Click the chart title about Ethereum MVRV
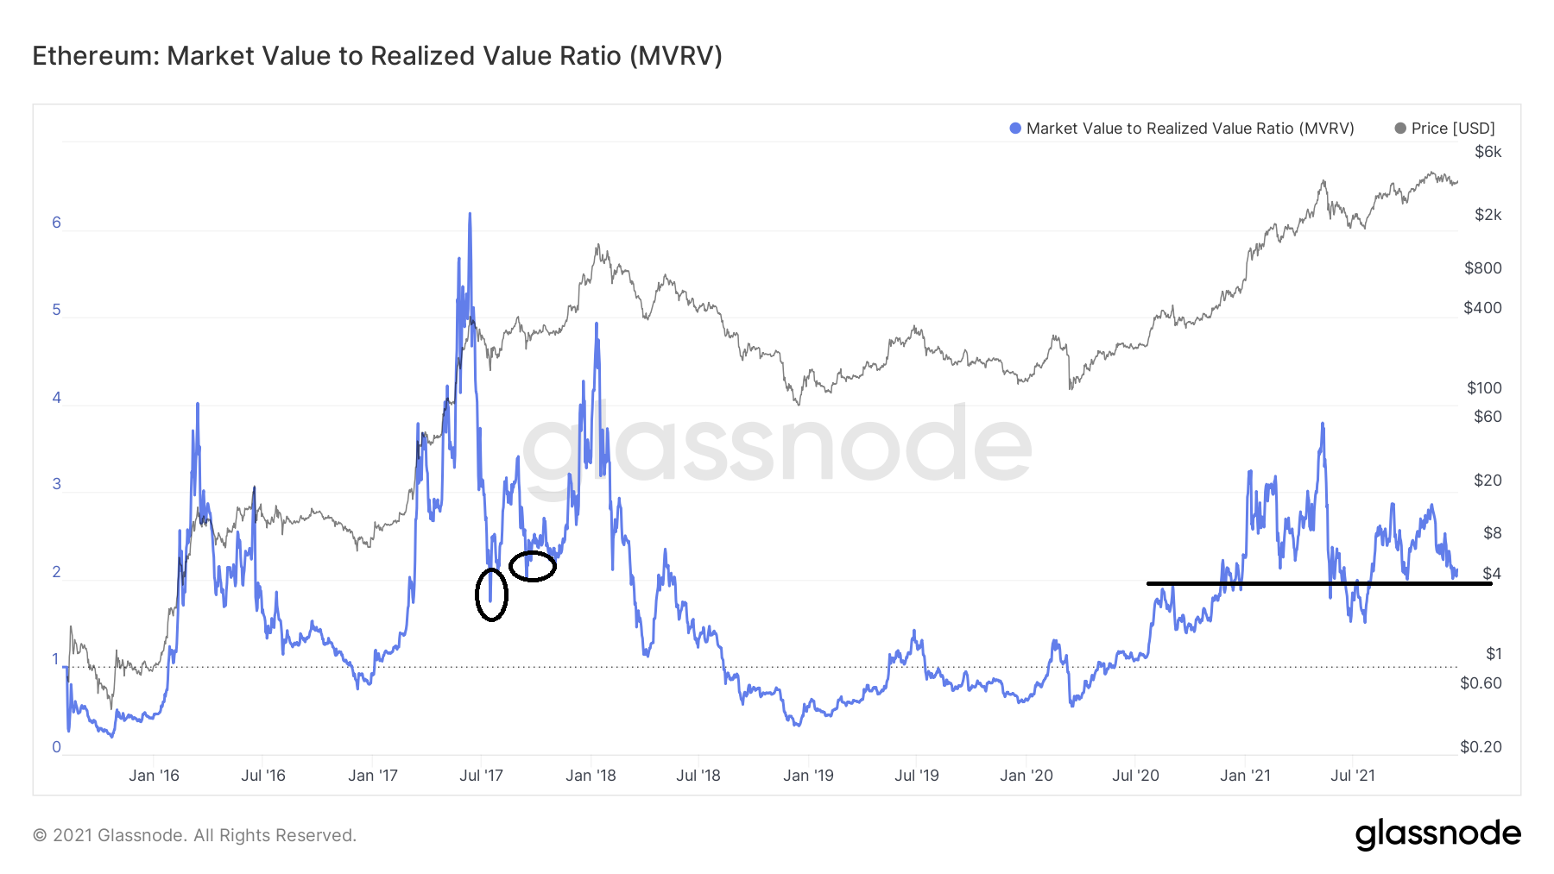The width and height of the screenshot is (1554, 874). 377,56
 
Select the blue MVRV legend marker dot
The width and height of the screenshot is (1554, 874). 1015,129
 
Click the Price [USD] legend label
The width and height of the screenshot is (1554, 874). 1453,129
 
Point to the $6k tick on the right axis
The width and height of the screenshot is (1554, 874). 1488,152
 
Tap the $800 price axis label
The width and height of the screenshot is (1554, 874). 1482,268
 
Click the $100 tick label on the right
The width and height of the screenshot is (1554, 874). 1484,388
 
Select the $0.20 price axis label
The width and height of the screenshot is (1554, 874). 1481,747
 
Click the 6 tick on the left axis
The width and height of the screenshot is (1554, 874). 57,223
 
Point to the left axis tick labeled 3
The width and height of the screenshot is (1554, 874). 57,484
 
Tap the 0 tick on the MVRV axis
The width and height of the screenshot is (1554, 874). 57,747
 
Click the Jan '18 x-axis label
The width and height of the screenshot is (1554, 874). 591,776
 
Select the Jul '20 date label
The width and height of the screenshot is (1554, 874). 1135,776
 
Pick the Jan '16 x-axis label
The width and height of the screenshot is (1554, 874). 154,776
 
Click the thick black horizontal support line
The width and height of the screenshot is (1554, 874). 1319,584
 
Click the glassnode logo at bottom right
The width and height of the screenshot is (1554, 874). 1437,834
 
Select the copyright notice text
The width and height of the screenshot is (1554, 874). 194,835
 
